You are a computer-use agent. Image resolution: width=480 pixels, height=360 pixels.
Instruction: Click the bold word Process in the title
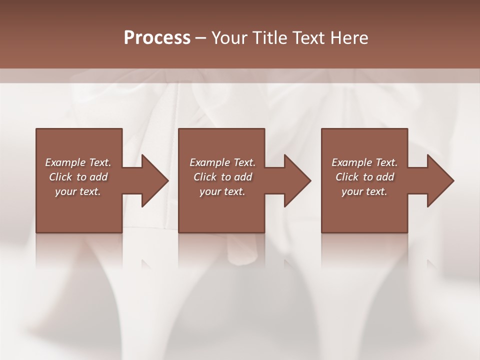[157, 38]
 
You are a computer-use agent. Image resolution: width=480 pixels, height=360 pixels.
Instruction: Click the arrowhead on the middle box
[296, 180]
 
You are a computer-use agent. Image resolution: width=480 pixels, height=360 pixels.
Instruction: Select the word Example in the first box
[65, 162]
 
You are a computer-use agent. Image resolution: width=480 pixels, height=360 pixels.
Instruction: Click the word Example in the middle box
[209, 162]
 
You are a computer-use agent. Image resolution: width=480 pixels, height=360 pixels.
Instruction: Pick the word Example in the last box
[351, 162]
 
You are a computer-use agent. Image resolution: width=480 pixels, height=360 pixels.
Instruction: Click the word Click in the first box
[60, 177]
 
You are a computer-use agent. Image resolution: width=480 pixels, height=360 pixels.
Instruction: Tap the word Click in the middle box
[205, 177]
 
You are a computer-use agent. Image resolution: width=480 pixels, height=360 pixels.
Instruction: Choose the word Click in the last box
[347, 177]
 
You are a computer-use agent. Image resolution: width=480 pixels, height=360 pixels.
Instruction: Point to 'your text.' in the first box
[78, 191]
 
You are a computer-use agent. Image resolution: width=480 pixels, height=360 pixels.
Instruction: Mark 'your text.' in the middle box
[222, 191]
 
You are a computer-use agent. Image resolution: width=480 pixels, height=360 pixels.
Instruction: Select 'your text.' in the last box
[364, 191]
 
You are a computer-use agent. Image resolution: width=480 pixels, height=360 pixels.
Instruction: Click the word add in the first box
[99, 177]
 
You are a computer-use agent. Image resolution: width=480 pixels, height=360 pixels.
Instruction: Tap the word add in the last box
[385, 177]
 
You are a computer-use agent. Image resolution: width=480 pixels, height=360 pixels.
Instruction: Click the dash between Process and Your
[200, 38]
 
